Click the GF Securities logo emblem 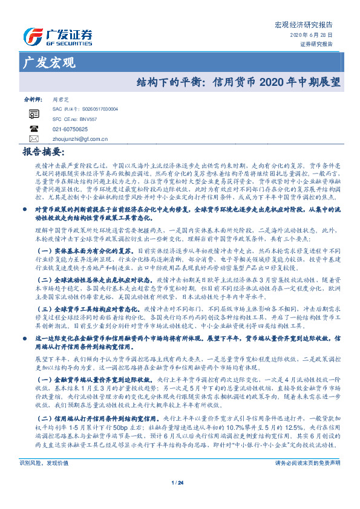31,36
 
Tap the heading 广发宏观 48,62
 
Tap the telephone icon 34,129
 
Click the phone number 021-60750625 70,129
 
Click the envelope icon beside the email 34,139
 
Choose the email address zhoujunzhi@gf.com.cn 80,139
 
